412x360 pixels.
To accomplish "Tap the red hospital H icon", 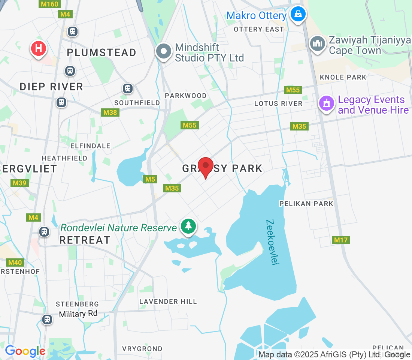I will click(38, 48).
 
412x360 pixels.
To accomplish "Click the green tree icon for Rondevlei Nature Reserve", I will click(188, 226).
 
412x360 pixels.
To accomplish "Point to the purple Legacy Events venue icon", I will click(326, 103).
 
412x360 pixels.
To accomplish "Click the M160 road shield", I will click(49, 4).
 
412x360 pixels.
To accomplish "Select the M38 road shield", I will click(110, 112).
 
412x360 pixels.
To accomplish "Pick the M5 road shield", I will click(150, 179).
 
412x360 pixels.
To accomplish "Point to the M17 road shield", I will click(341, 240).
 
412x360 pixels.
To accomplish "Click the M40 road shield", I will click(15, 262).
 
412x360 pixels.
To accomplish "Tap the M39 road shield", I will click(19, 183).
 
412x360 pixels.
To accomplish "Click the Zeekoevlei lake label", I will click(273, 242).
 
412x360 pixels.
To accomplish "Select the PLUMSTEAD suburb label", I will click(102, 53).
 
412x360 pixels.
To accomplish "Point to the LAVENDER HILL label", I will click(168, 301).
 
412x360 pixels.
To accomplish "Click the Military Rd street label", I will click(78, 314).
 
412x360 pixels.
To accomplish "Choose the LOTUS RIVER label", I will click(278, 103).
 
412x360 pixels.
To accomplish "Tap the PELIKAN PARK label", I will click(306, 204).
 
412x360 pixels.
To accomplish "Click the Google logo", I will click(25, 351).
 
